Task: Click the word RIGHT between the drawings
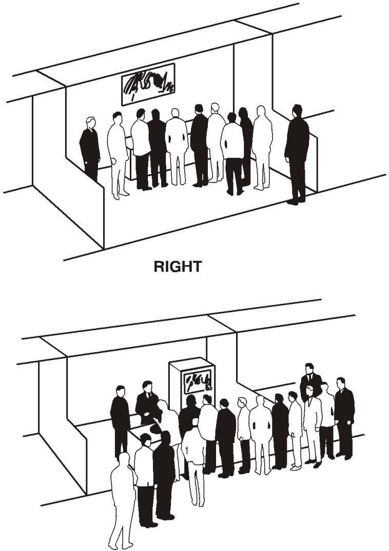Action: click(178, 267)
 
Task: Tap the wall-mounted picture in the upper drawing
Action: click(148, 84)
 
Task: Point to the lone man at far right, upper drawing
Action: click(297, 154)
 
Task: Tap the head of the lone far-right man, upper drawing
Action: click(297, 111)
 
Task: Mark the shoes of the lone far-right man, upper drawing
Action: click(294, 201)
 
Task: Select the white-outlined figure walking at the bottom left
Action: click(122, 500)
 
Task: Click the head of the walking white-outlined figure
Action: click(124, 459)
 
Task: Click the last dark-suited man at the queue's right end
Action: click(344, 418)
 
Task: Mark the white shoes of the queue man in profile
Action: click(297, 467)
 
